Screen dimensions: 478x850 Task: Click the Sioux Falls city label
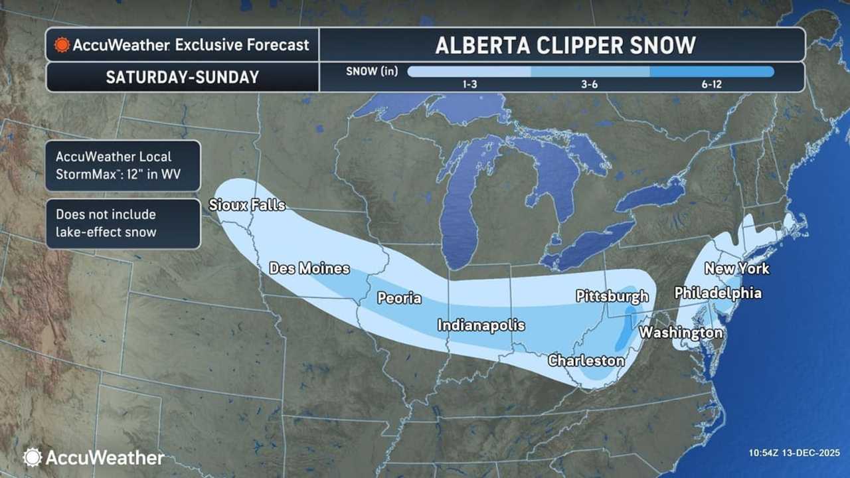[x=247, y=205]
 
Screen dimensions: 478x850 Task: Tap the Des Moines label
[x=309, y=268]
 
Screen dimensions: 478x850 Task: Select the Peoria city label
[x=399, y=298]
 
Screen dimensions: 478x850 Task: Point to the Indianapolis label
[x=481, y=325]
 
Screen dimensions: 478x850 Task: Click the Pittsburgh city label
[x=612, y=295]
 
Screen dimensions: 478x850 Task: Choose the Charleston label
[x=586, y=360]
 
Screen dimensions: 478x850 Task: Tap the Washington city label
[x=681, y=333]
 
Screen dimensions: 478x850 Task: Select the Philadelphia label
[x=718, y=293]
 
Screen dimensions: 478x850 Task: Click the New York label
[x=736, y=268]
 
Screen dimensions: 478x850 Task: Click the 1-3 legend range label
[x=468, y=85]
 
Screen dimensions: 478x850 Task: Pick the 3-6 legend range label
[x=590, y=85]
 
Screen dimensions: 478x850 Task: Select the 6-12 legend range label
[x=711, y=85]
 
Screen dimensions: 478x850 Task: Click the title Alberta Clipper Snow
[x=565, y=45]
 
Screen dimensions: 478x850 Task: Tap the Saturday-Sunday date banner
[x=182, y=77]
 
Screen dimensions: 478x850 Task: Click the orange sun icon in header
[x=62, y=45]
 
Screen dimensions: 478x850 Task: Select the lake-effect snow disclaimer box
[x=123, y=224]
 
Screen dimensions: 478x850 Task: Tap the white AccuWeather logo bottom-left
[x=94, y=457]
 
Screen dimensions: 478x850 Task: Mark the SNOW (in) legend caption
[x=372, y=72]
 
